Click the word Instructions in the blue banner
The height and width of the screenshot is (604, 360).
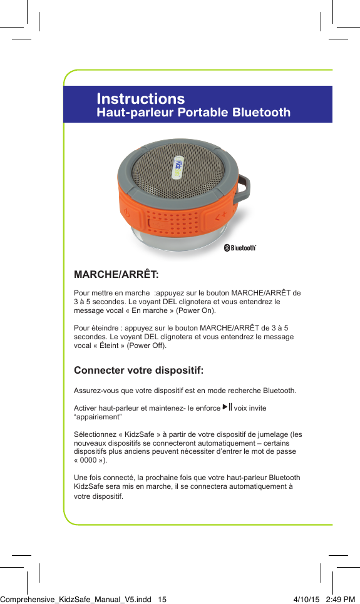(141, 99)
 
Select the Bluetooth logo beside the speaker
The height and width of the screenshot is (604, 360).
(240, 248)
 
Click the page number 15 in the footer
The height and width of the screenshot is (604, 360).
(162, 599)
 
